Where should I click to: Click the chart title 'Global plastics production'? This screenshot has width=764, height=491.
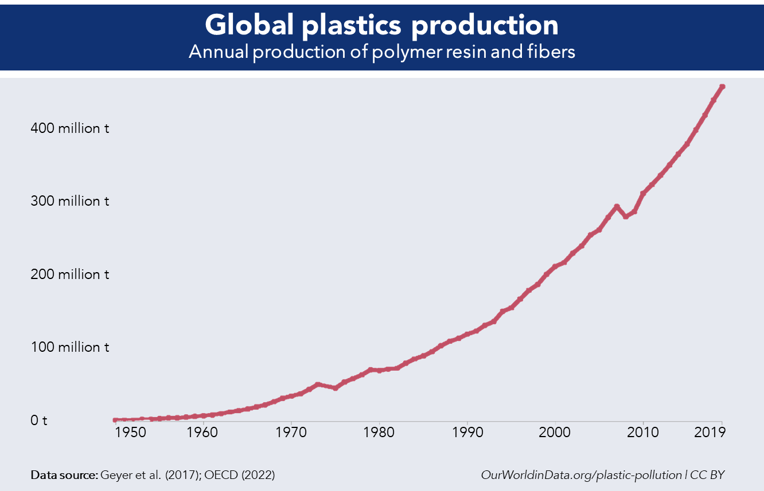[381, 25]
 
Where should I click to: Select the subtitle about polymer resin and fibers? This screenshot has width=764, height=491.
[381, 52]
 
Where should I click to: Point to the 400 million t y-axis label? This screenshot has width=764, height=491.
[69, 128]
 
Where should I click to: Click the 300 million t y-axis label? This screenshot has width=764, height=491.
[69, 202]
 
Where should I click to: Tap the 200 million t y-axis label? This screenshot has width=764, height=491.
[69, 274]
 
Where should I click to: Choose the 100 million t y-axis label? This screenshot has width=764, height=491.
[69, 347]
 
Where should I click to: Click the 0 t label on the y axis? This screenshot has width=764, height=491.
[38, 421]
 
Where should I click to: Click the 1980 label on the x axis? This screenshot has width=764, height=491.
[379, 432]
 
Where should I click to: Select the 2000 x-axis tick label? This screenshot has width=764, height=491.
[555, 432]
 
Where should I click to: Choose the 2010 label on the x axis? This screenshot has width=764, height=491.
[643, 432]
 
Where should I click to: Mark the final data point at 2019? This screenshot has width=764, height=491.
[723, 87]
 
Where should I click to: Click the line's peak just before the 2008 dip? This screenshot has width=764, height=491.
[617, 206]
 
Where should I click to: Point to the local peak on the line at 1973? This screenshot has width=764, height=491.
[317, 384]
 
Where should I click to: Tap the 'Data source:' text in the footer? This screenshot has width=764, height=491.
[64, 475]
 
